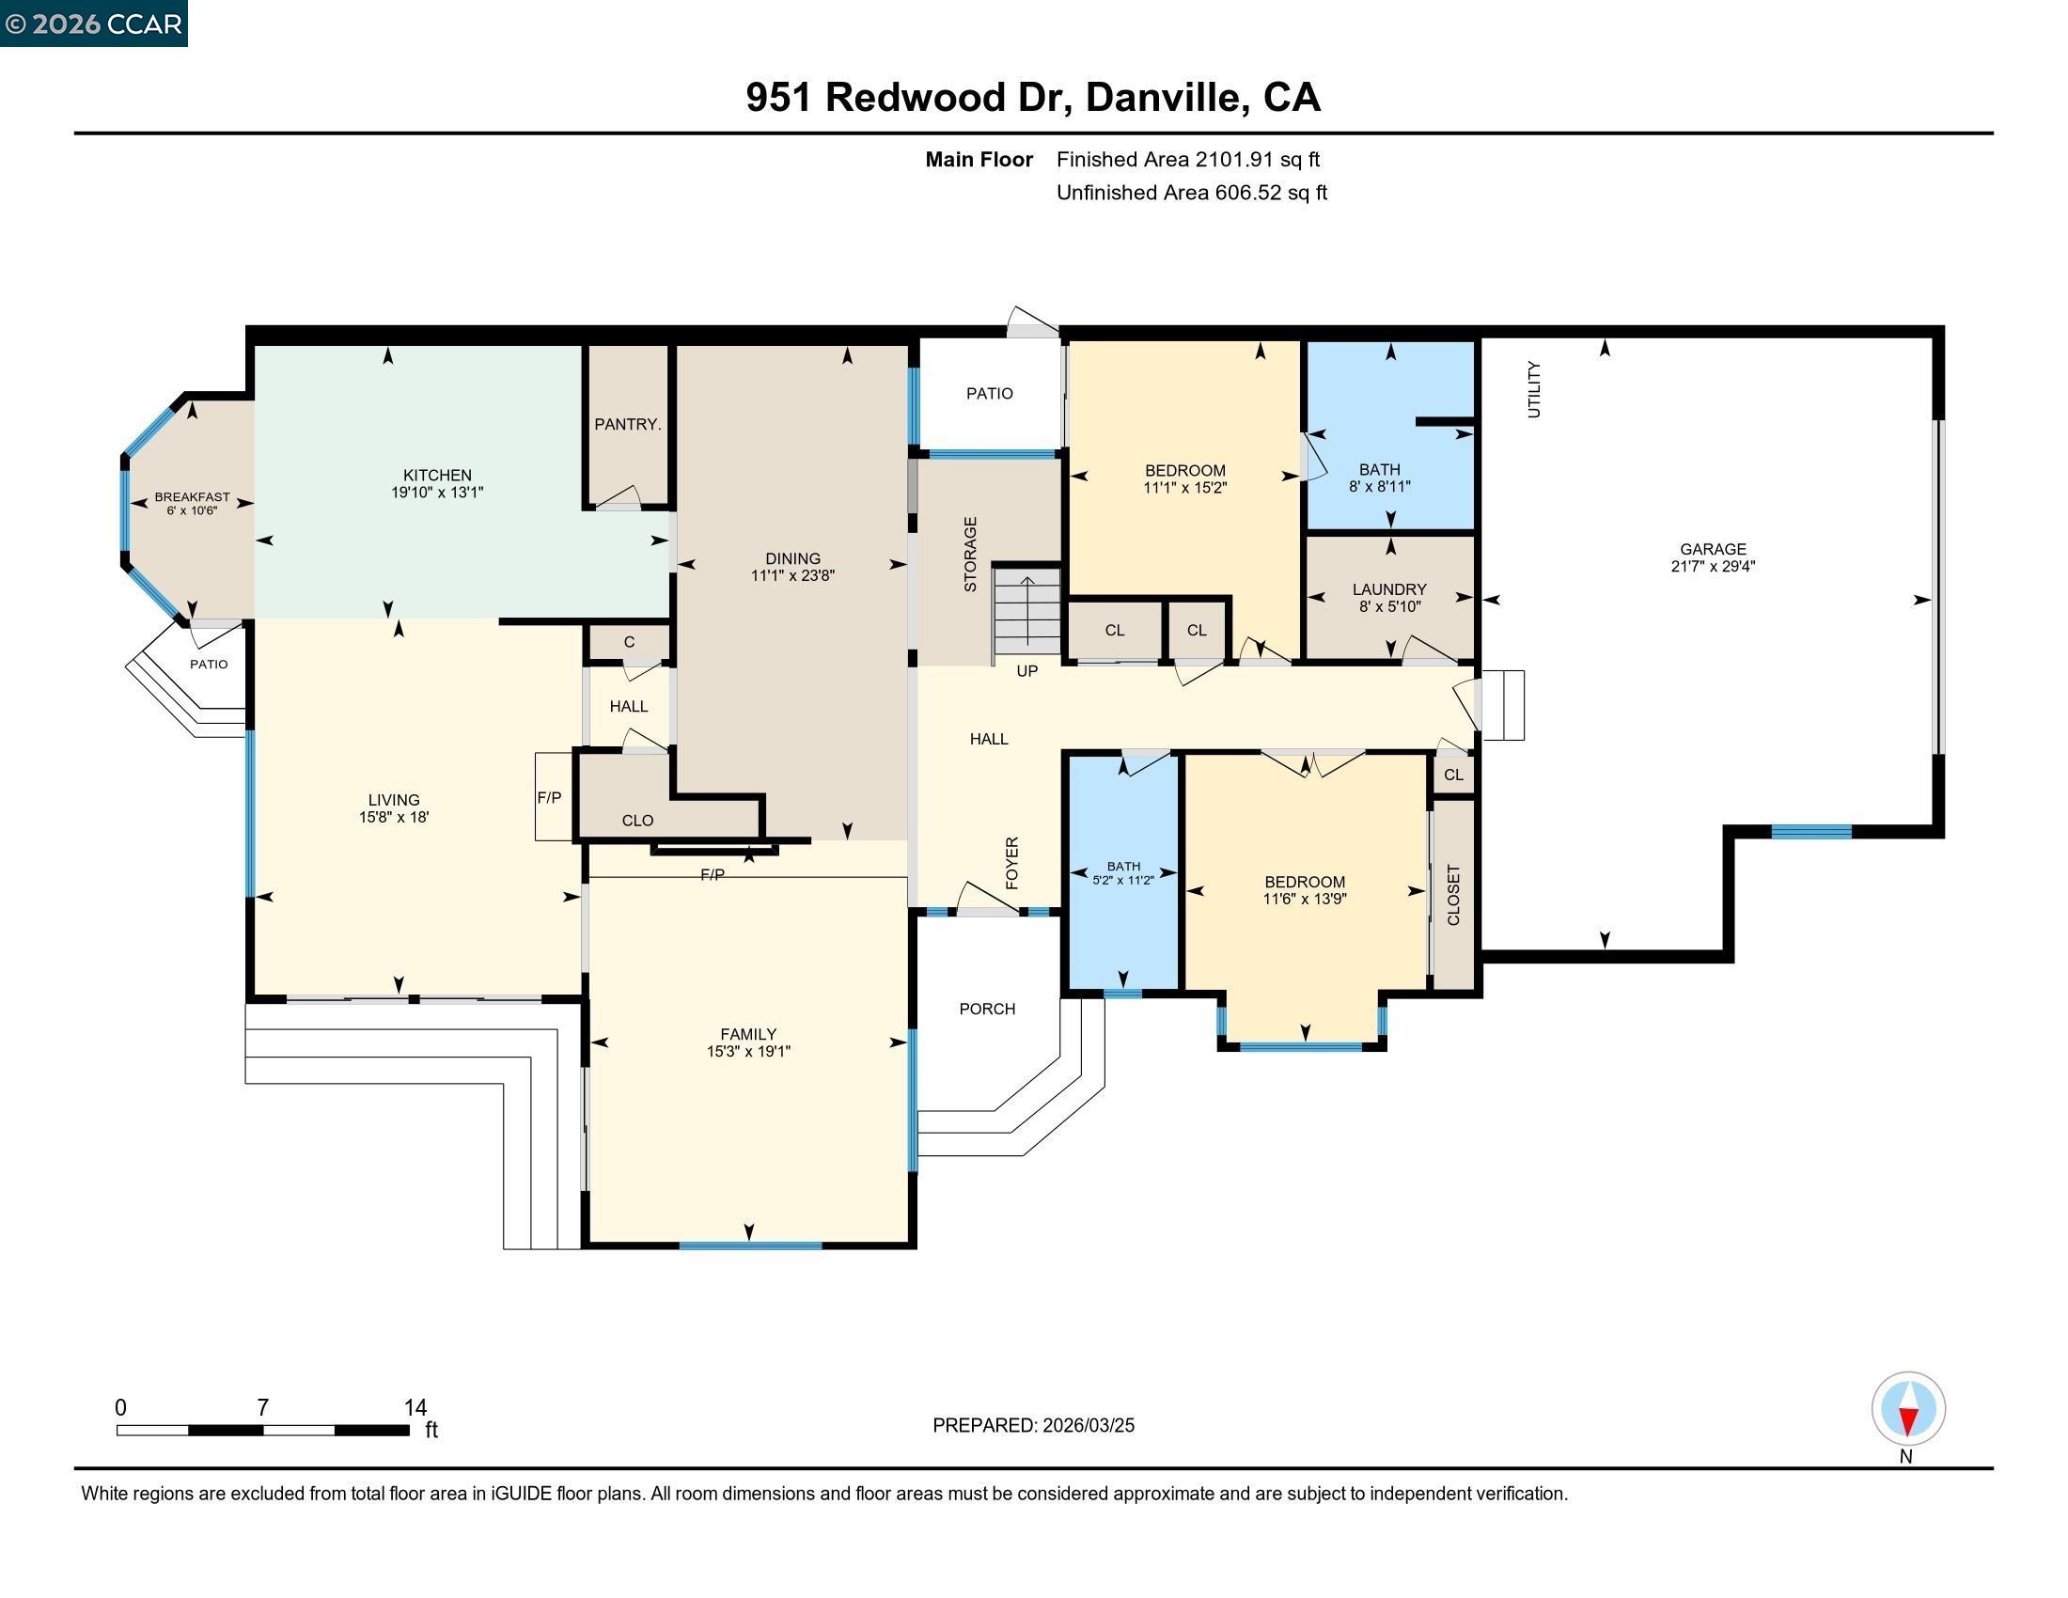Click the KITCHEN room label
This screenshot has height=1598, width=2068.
click(x=436, y=476)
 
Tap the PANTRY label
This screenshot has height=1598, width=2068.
click(x=627, y=424)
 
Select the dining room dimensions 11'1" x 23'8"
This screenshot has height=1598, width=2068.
click(x=792, y=575)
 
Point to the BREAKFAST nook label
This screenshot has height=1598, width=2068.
click(x=192, y=497)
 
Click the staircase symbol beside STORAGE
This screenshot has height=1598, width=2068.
click(x=1026, y=610)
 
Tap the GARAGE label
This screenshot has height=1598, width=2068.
click(x=1712, y=549)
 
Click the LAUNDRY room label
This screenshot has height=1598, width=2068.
click(x=1388, y=588)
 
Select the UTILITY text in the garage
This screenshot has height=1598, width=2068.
click(x=1534, y=389)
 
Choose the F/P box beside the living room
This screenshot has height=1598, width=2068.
click(x=550, y=797)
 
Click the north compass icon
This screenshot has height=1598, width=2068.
click(x=1907, y=1409)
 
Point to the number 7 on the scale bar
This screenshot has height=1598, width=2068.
click(x=262, y=1408)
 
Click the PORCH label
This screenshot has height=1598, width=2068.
click(x=987, y=1010)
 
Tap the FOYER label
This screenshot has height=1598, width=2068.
click(x=1011, y=862)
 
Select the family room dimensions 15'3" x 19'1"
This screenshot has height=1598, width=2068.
click(x=748, y=1051)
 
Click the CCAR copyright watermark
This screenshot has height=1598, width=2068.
click(x=93, y=23)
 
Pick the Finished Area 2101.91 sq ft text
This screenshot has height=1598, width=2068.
click(x=1187, y=159)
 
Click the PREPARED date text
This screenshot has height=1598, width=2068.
click(x=1033, y=1426)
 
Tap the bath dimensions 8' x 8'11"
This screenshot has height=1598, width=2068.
click(x=1379, y=487)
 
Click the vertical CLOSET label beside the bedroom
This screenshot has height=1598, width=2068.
click(x=1453, y=895)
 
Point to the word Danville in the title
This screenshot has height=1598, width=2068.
click(x=1163, y=97)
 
